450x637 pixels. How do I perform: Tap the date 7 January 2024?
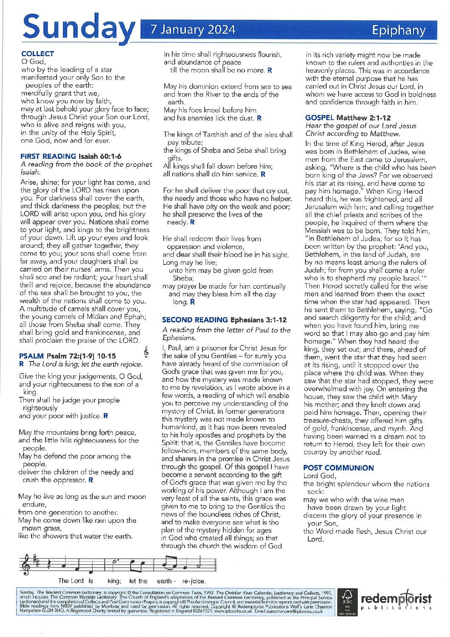click(x=193, y=29)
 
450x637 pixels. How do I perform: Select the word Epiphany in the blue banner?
click(x=399, y=30)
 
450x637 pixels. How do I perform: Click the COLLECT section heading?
click(x=38, y=54)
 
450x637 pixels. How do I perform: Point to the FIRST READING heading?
click(x=48, y=156)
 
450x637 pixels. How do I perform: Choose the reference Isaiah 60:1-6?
click(x=100, y=156)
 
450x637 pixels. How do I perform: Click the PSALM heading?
click(x=31, y=356)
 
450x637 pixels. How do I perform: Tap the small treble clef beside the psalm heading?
click(x=147, y=352)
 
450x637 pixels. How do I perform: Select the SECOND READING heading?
click(x=195, y=320)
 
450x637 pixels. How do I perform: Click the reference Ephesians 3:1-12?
click(x=259, y=320)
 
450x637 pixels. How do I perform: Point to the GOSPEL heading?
click(x=319, y=118)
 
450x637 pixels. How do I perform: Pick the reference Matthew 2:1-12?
click(x=364, y=118)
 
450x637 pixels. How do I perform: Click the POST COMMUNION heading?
click(x=339, y=468)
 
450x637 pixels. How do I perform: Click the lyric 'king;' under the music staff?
click(x=114, y=581)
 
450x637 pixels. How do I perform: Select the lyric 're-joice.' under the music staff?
click(x=194, y=581)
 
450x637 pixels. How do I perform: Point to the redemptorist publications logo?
click(x=396, y=601)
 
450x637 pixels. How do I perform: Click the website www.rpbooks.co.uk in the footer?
click(x=236, y=611)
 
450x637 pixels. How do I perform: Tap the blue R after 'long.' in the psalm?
click(x=192, y=302)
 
